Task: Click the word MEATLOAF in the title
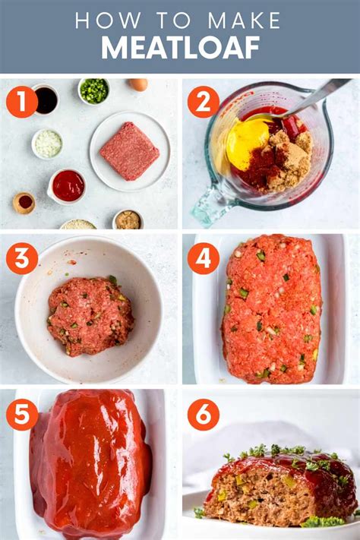click(180, 48)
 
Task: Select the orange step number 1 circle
click(22, 102)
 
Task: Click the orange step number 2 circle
click(204, 102)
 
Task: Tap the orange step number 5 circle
click(22, 414)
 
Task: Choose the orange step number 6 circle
click(204, 414)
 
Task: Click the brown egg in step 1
click(138, 84)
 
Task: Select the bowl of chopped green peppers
click(94, 91)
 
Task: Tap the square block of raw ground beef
click(130, 151)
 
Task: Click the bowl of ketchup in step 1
click(67, 186)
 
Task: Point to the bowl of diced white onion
click(48, 144)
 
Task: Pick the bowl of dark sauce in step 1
click(46, 99)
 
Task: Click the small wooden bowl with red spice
click(24, 203)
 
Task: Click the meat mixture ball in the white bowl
click(90, 316)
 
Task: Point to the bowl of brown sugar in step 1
click(128, 219)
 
